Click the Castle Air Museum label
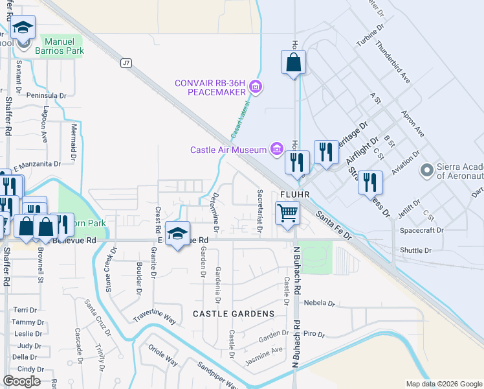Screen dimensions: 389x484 coord(228,150)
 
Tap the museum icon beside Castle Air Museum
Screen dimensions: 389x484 coord(277,149)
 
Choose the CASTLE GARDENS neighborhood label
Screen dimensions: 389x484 coord(234,314)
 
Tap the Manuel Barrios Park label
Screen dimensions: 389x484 coord(55,45)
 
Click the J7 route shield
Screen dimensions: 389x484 coord(126,63)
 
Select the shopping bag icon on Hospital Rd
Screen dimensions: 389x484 coord(293,62)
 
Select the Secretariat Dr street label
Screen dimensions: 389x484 coord(259,204)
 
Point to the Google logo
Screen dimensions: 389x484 coord(22,381)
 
